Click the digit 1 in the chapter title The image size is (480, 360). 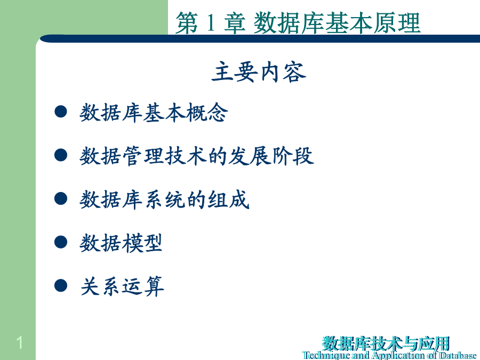211,22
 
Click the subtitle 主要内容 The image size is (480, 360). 259,71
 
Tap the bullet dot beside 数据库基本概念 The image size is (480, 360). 61,111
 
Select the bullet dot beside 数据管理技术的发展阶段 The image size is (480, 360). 61,155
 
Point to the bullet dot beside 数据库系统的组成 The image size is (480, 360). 61,198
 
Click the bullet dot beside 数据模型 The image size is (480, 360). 61,242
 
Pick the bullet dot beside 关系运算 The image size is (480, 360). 61,285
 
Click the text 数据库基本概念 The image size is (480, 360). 154,113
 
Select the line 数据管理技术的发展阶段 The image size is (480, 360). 196,156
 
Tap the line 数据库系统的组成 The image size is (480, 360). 164,199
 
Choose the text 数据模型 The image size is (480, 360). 121,243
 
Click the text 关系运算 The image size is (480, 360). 122,286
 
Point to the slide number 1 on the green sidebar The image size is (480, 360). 19,342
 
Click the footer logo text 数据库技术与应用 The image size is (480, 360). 386,343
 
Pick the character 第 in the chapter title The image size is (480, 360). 187,22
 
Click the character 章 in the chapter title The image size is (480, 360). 235,22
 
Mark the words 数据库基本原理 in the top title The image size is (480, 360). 337,22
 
